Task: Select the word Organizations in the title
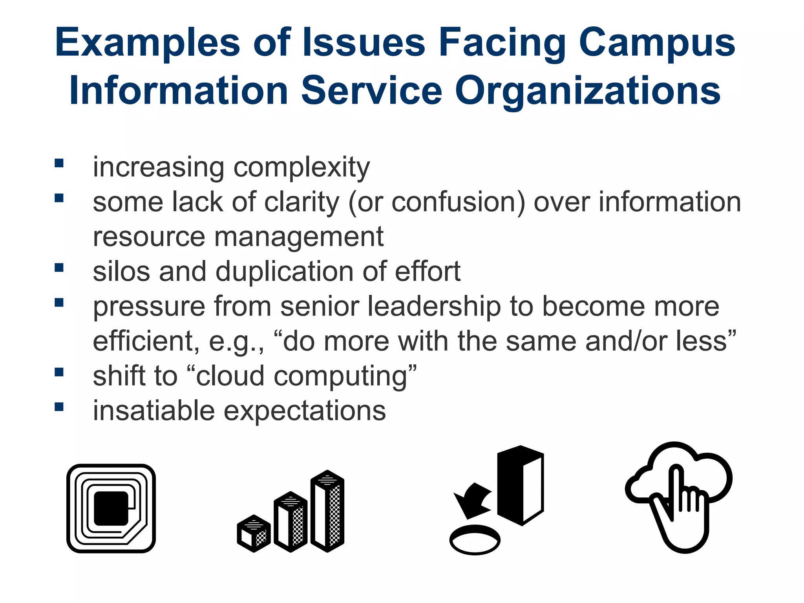tap(587, 91)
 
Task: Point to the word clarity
tap(301, 202)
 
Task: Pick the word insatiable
tap(153, 411)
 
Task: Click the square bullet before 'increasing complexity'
tap(59, 163)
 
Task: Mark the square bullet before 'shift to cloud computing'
tap(59, 372)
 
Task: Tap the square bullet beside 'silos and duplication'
tap(59, 267)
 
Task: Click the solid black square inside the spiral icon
tap(111, 508)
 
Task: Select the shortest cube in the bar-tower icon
tap(254, 533)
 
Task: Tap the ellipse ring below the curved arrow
tap(475, 540)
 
